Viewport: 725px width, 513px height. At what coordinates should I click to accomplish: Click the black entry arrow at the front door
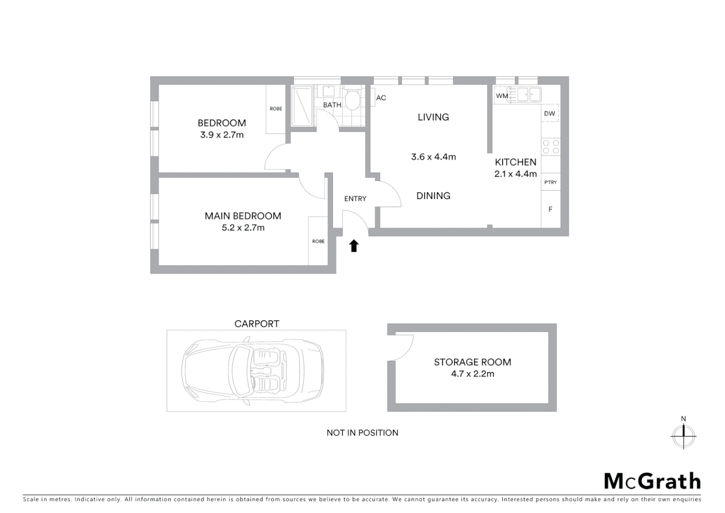[x=353, y=246]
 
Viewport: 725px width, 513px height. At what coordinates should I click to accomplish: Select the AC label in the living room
[x=381, y=98]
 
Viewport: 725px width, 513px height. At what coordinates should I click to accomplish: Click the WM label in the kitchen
[x=502, y=96]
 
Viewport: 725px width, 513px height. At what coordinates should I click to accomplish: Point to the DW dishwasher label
[x=549, y=114]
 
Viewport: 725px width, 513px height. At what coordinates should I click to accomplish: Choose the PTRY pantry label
[x=550, y=182]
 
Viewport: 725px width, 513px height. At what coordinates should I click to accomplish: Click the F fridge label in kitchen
[x=550, y=209]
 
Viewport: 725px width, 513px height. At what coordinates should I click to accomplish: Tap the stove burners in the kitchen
[x=550, y=146]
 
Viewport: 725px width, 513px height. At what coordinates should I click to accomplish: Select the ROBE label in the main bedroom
[x=318, y=241]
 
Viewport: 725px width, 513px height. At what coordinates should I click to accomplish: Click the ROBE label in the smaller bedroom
[x=276, y=109]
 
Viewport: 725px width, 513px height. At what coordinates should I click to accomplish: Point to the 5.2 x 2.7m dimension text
[x=243, y=228]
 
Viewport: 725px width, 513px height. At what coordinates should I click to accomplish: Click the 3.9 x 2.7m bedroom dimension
[x=222, y=135]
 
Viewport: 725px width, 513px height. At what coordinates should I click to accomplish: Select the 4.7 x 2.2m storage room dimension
[x=472, y=374]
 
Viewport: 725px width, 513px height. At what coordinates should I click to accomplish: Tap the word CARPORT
[x=257, y=324]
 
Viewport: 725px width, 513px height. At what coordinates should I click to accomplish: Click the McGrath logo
[x=652, y=481]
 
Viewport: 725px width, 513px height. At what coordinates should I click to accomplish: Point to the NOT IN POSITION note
[x=362, y=433]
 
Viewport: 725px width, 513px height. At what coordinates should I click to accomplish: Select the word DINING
[x=433, y=196]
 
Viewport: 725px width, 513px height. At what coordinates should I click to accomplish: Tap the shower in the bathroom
[x=302, y=105]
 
